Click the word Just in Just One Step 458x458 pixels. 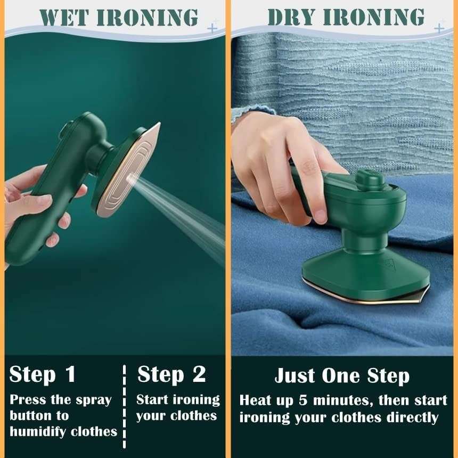(x=295, y=375)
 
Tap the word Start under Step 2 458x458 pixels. (x=152, y=399)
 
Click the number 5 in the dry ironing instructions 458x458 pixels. (x=315, y=399)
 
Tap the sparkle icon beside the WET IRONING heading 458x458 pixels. (x=213, y=27)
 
